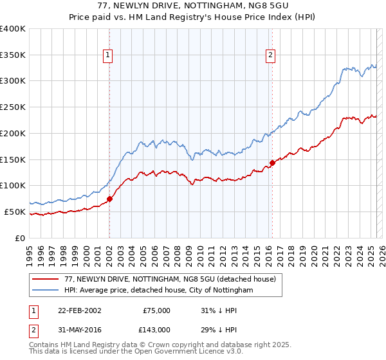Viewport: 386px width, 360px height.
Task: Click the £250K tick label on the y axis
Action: [13, 107]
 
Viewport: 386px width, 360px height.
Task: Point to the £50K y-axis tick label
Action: [15, 212]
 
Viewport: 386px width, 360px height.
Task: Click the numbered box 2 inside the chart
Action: [270, 56]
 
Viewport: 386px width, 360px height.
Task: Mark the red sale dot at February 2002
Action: [110, 199]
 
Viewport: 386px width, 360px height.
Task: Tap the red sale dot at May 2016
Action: [272, 163]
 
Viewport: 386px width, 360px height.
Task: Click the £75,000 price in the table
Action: [156, 310]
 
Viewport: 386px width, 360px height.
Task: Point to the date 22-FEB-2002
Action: [80, 310]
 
